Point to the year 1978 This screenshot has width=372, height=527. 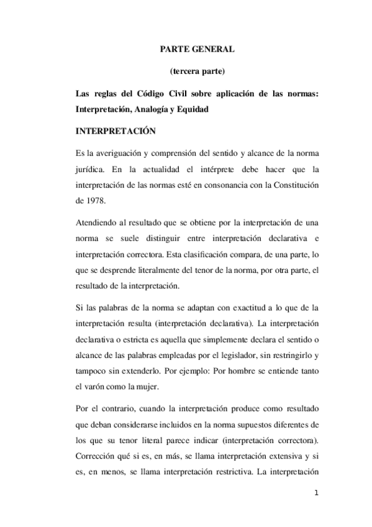95,199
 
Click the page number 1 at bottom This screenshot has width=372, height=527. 317,493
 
